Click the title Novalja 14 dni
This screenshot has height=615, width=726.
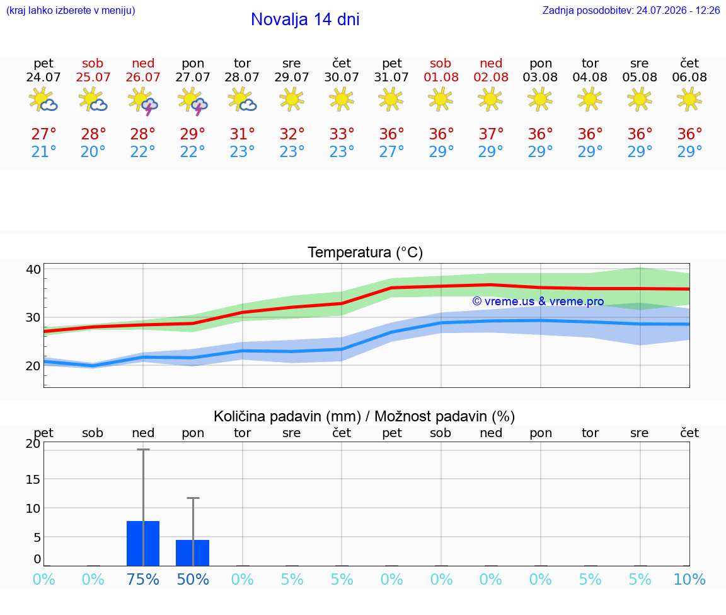pos(305,20)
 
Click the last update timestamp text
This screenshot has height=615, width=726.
pos(631,10)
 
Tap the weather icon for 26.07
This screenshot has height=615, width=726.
pos(143,100)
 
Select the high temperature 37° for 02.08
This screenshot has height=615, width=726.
pos(491,134)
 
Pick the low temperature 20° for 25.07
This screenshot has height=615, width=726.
pos(93,151)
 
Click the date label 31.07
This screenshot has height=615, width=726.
pos(391,77)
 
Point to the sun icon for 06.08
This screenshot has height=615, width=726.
pos(689,100)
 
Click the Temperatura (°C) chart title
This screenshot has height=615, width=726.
pos(366,252)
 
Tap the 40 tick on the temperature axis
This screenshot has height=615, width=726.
pos(33,269)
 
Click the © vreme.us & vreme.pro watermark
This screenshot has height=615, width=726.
pos(538,302)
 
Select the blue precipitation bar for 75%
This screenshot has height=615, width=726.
pos(143,543)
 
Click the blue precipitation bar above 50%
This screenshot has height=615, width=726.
pos(193,553)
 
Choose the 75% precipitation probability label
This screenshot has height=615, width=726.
pos(143,579)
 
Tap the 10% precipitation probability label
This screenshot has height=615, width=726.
pos(689,579)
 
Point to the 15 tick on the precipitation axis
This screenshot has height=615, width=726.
pos(33,479)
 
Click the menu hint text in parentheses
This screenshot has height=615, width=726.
pos(71,11)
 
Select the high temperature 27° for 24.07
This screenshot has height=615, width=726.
pos(43,134)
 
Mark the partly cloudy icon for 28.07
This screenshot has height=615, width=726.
pos(242,100)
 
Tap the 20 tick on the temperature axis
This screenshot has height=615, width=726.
pos(33,366)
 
